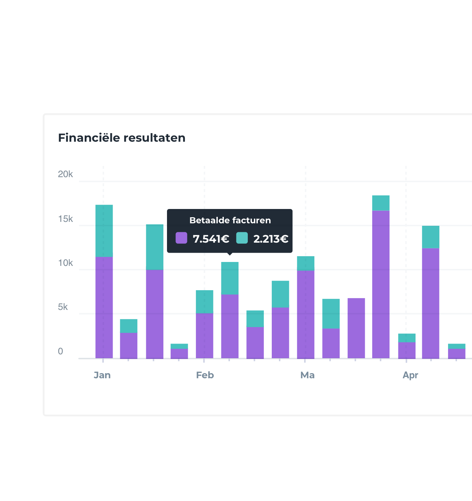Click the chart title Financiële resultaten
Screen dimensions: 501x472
tap(122, 138)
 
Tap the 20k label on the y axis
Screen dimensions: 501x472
tap(65, 174)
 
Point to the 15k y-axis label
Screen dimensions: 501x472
tap(65, 219)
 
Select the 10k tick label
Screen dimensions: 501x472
tap(65, 263)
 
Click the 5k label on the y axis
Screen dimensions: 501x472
tap(63, 307)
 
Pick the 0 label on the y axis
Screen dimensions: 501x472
tap(60, 351)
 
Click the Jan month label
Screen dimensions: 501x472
tap(102, 375)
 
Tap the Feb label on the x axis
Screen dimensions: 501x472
tap(205, 375)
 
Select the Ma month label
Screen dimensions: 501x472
tap(308, 375)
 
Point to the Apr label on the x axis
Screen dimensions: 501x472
tap(410, 375)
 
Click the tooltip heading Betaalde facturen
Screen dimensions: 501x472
tap(230, 220)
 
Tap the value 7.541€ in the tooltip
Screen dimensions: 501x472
tap(211, 239)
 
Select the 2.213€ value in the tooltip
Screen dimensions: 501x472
tap(271, 239)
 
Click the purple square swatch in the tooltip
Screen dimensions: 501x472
tap(181, 238)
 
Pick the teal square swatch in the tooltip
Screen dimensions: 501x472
tap(242, 238)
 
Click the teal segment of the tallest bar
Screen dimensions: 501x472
tap(381, 203)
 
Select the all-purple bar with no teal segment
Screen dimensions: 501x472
tap(356, 328)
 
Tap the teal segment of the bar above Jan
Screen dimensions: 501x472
tap(104, 230)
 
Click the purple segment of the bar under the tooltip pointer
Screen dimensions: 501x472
tap(230, 326)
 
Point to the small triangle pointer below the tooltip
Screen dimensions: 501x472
tap(230, 254)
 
